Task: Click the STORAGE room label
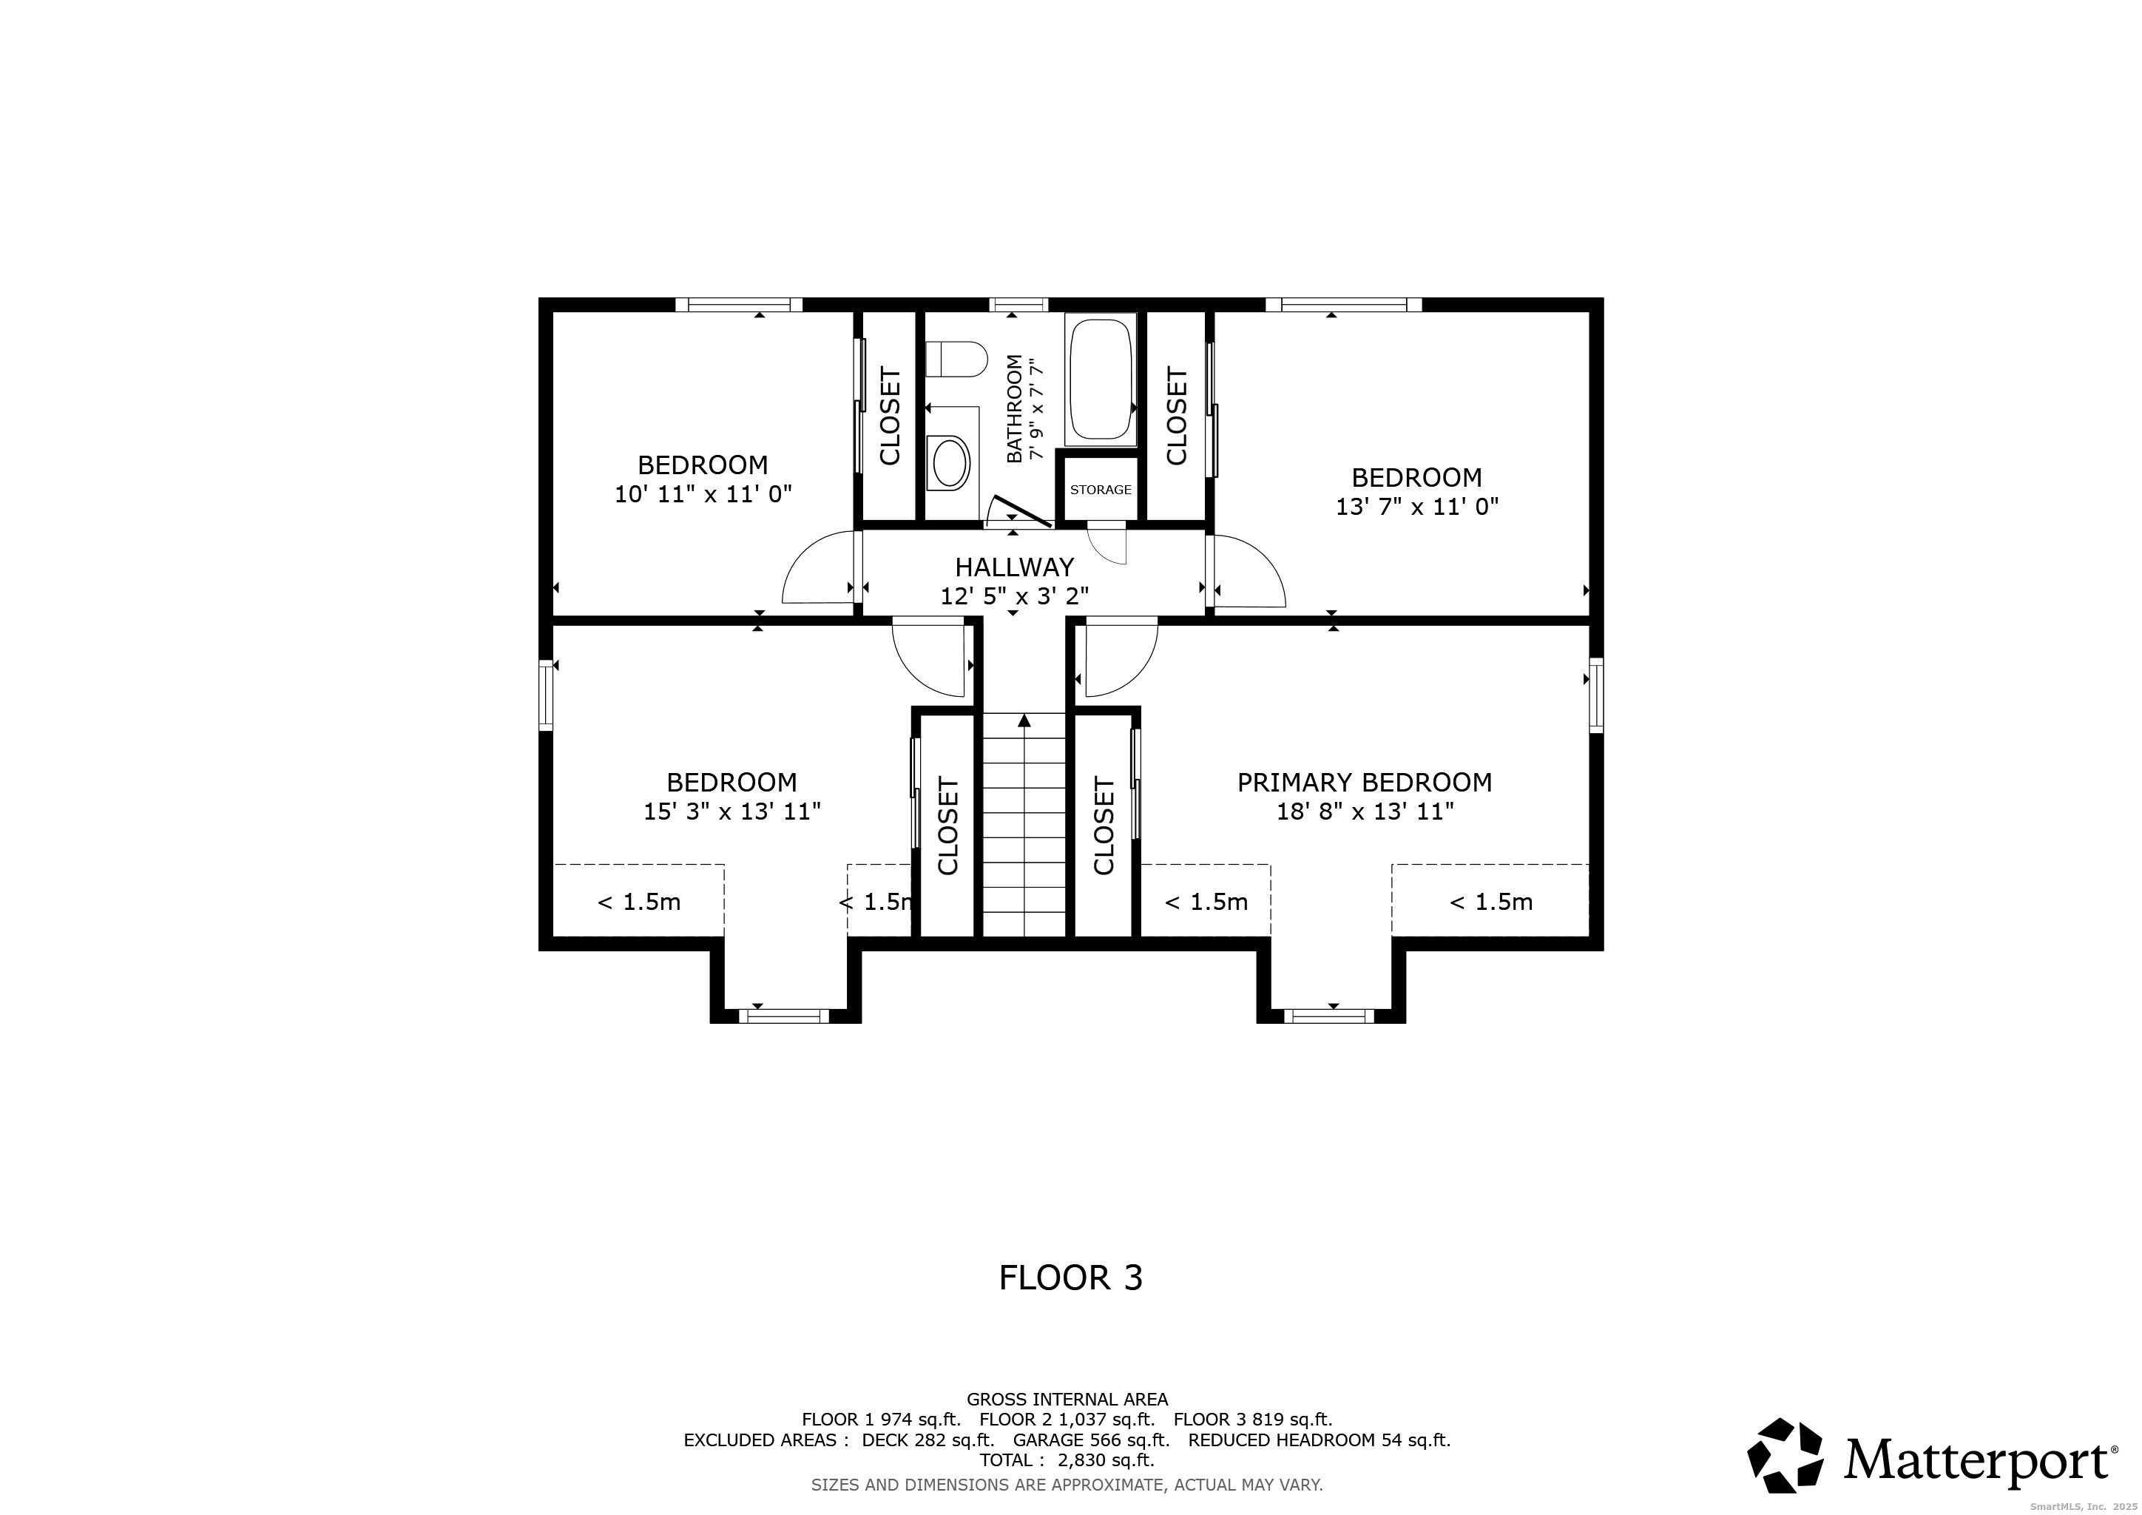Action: pyautogui.click(x=1101, y=490)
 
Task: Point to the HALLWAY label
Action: pyautogui.click(x=1014, y=567)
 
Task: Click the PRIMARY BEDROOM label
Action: pyautogui.click(x=1365, y=783)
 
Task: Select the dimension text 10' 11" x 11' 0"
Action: pyautogui.click(x=703, y=494)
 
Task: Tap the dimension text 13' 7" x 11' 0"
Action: pyautogui.click(x=1417, y=507)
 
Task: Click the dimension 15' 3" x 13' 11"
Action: pyautogui.click(x=732, y=812)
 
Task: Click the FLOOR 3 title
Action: pyautogui.click(x=1070, y=1278)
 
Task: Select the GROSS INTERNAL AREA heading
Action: pyautogui.click(x=1067, y=1400)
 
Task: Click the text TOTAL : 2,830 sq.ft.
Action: pyautogui.click(x=1067, y=1460)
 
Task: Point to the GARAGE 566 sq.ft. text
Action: pyautogui.click(x=1092, y=1440)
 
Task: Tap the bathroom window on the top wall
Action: pyautogui.click(x=1018, y=304)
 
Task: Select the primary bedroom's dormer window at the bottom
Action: pyautogui.click(x=1328, y=1016)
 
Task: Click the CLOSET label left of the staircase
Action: pyautogui.click(x=948, y=826)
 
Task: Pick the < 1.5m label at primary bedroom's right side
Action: pyautogui.click(x=1491, y=902)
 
